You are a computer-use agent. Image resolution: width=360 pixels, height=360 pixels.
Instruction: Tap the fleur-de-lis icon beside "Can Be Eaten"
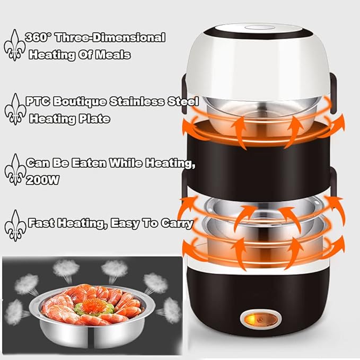click(15, 171)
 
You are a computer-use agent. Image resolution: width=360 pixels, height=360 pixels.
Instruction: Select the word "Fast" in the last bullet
click(39, 224)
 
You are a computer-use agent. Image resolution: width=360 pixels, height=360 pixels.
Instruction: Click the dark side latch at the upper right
click(334, 85)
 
